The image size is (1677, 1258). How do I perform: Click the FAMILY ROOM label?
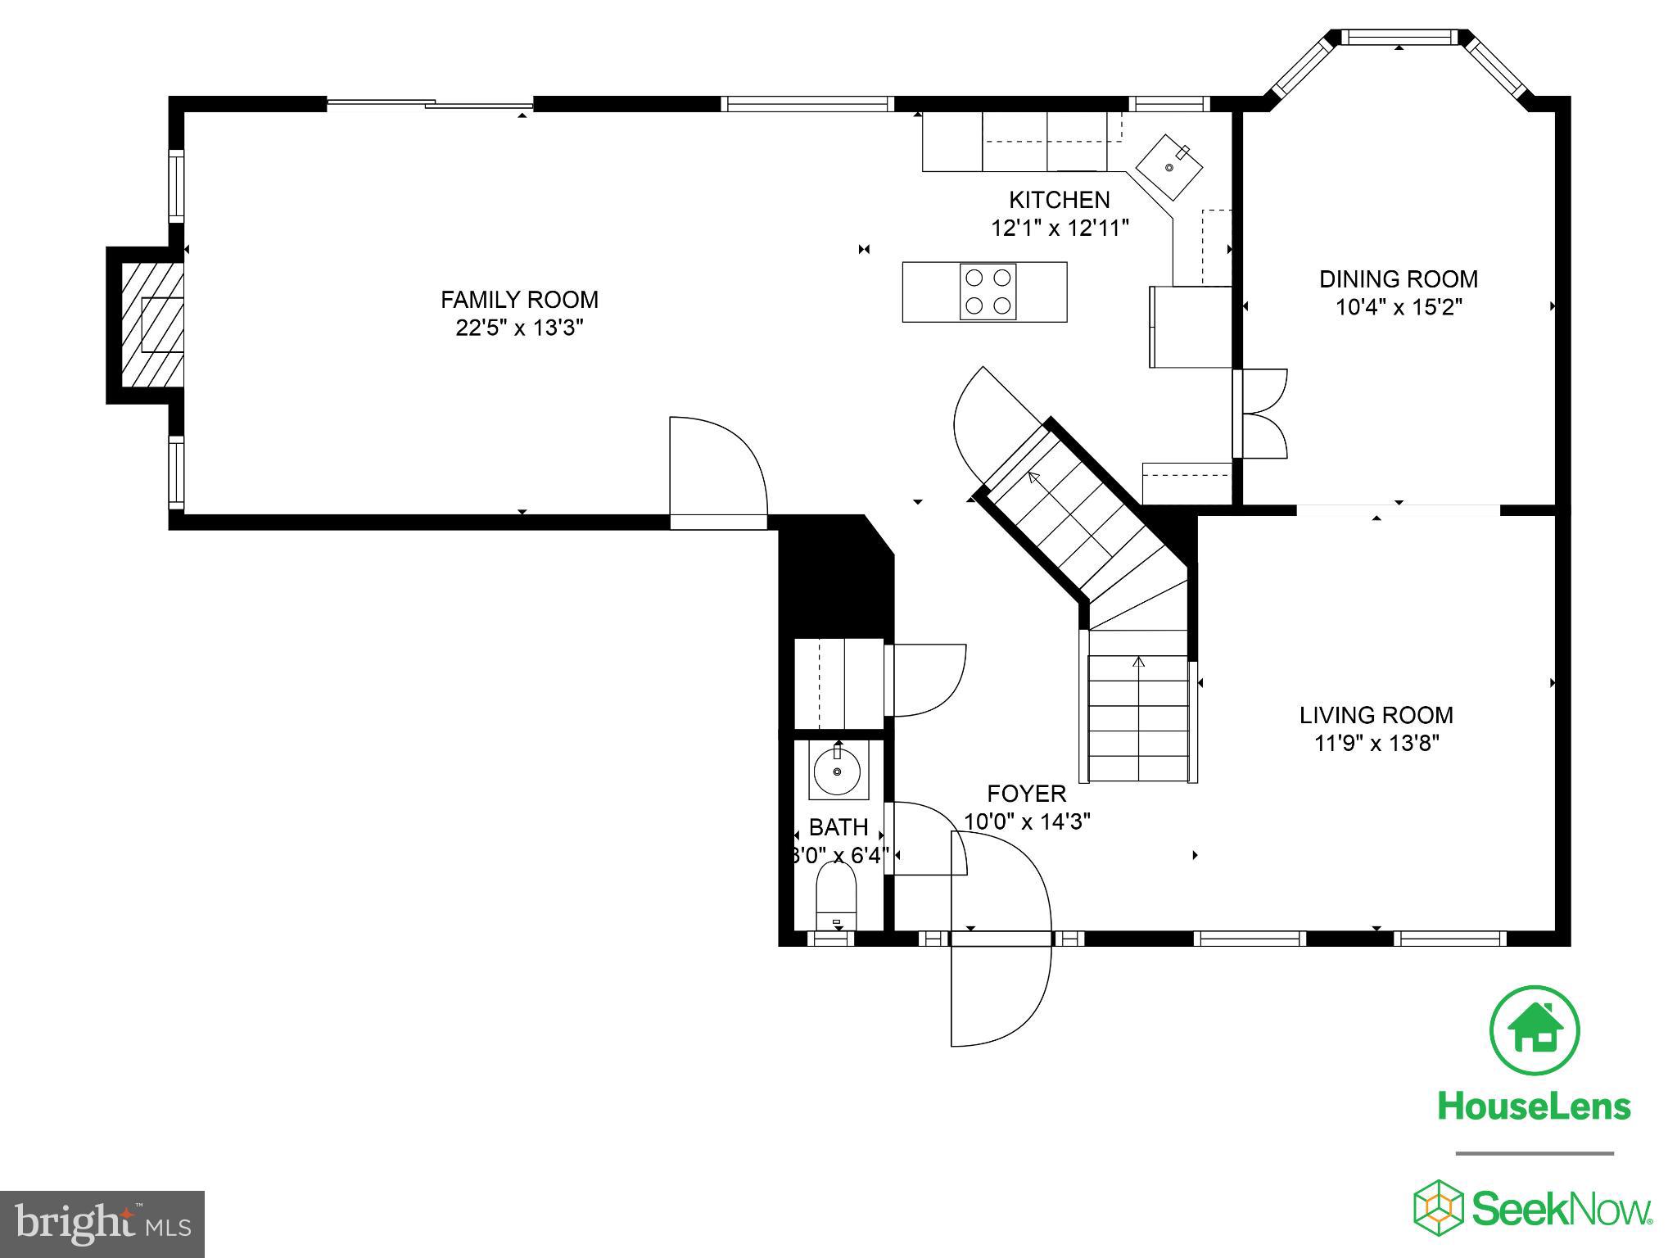click(519, 300)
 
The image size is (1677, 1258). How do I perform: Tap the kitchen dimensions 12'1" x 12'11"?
click(1060, 228)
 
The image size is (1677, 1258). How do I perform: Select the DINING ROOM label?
click(1398, 279)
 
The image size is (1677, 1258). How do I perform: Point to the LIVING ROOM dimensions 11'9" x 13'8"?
click(1376, 744)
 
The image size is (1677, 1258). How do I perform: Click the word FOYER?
click(1026, 794)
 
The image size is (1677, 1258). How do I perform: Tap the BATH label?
click(838, 827)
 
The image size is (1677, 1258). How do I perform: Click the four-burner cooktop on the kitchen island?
click(988, 292)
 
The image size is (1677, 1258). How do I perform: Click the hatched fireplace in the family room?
click(153, 325)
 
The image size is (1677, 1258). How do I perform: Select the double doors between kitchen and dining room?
click(1262, 414)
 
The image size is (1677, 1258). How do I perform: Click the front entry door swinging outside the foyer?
click(998, 995)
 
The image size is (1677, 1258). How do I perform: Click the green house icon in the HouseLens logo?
click(1535, 1030)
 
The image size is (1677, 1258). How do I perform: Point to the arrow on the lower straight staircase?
click(1138, 661)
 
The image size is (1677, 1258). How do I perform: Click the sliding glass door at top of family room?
click(430, 103)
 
